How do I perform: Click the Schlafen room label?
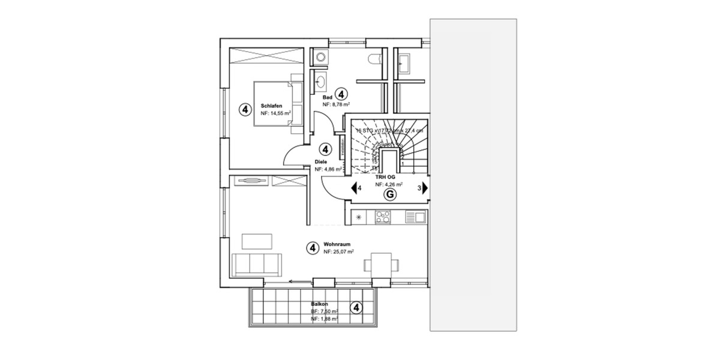(271, 106)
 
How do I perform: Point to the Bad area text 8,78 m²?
(337, 104)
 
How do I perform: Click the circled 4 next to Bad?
(341, 94)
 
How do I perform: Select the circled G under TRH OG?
(389, 194)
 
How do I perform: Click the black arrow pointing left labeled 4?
(354, 188)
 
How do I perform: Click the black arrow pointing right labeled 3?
(425, 188)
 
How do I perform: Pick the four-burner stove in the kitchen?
(382, 217)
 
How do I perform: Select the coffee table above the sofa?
(256, 241)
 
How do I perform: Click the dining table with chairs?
(380, 263)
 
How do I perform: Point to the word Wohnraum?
(337, 245)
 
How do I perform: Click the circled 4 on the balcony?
(356, 308)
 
